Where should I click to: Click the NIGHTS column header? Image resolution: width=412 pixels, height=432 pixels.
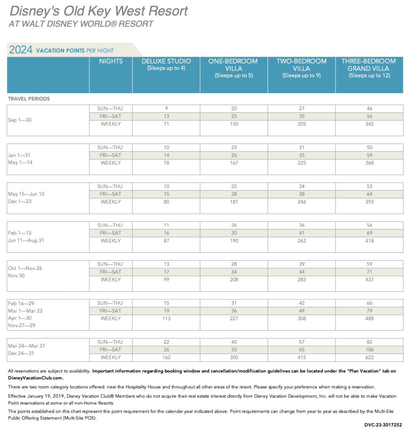point(111,61)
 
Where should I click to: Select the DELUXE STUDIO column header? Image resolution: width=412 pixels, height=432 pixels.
point(166,65)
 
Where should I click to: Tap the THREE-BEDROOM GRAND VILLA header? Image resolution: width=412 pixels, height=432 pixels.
point(369,68)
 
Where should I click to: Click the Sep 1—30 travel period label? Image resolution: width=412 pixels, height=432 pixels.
point(20,120)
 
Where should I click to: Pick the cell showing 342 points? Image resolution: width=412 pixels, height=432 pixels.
point(369,124)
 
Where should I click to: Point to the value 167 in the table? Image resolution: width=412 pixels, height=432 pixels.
point(234,163)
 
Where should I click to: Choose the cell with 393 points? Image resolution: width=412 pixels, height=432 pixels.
point(369,202)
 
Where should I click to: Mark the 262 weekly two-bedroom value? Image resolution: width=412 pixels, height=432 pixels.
point(302,240)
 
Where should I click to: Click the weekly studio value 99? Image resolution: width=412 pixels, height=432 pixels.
point(166,279)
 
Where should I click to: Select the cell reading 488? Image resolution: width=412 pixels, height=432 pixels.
point(369,318)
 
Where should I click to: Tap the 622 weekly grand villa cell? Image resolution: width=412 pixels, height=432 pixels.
point(369,357)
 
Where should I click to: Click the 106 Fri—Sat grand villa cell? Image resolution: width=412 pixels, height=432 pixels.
point(369,350)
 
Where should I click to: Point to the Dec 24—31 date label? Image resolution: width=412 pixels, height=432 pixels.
point(21,353)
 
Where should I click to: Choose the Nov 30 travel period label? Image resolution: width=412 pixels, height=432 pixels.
point(16,275)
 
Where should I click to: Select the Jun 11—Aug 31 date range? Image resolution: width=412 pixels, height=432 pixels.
point(26,240)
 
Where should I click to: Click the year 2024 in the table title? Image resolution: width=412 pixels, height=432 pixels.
point(21,50)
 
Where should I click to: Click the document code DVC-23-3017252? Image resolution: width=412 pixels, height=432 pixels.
point(383,425)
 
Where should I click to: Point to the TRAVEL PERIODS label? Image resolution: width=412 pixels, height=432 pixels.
point(29,99)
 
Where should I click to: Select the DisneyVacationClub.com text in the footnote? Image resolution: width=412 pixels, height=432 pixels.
point(35,378)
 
